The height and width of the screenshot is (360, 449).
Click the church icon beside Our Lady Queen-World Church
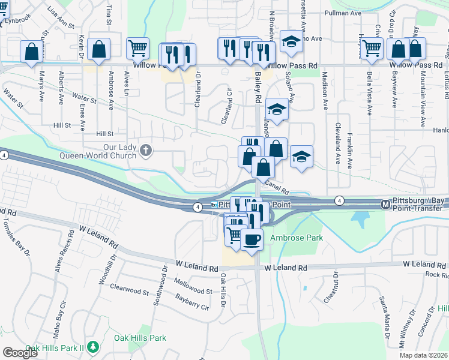[x=146, y=151]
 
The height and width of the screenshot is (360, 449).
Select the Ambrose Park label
[x=297, y=238]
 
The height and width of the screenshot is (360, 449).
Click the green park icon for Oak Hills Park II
[x=92, y=346]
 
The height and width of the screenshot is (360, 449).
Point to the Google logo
[x=20, y=353]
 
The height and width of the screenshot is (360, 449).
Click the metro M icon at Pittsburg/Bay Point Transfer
[x=385, y=205]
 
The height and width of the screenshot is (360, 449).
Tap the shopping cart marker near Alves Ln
[x=138, y=47]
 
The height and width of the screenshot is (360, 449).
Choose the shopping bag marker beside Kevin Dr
[x=99, y=49]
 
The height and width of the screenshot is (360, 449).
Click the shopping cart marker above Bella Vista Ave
[x=372, y=47]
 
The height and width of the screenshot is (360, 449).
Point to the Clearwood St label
[x=129, y=291]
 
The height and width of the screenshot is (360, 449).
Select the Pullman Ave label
[x=342, y=12]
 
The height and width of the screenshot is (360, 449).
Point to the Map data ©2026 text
[x=424, y=355]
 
